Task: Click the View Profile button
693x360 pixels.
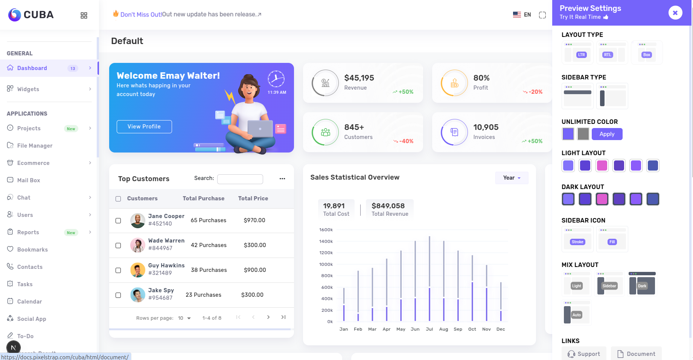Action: (x=144, y=127)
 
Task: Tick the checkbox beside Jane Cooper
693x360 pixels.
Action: (x=118, y=221)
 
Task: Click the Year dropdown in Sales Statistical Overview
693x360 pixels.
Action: (x=512, y=178)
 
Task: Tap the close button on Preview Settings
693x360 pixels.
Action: (x=675, y=13)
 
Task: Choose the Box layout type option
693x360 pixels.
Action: (x=647, y=52)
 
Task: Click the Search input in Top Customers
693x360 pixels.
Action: (x=240, y=179)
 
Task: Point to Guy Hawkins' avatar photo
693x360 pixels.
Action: (x=138, y=270)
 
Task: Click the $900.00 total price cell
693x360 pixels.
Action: (x=255, y=270)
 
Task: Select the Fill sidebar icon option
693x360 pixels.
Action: (x=612, y=239)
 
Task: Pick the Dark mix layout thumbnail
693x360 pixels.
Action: (x=642, y=284)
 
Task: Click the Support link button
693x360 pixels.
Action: (x=584, y=354)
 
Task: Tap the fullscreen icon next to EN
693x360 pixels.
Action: (x=542, y=15)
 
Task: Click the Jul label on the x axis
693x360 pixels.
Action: (x=430, y=329)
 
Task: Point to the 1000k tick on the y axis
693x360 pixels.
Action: (x=326, y=264)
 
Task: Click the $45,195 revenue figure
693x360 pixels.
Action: (x=359, y=78)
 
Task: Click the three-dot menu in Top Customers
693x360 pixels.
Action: (x=282, y=179)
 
